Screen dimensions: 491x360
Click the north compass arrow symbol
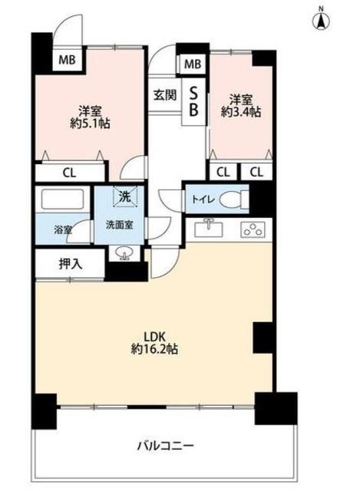[x=322, y=19]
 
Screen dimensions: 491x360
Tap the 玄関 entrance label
[x=163, y=96]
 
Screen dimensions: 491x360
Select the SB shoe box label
[x=193, y=100]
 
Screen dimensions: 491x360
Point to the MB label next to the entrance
[x=192, y=64]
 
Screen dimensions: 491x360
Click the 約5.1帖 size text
[x=88, y=123]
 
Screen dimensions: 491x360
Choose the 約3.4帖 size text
[x=240, y=112]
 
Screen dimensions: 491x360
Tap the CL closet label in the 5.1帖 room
[x=70, y=173]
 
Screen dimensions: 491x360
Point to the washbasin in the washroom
[x=124, y=253]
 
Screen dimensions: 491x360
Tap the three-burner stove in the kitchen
[x=252, y=229]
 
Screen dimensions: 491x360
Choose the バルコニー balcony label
[x=165, y=445]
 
